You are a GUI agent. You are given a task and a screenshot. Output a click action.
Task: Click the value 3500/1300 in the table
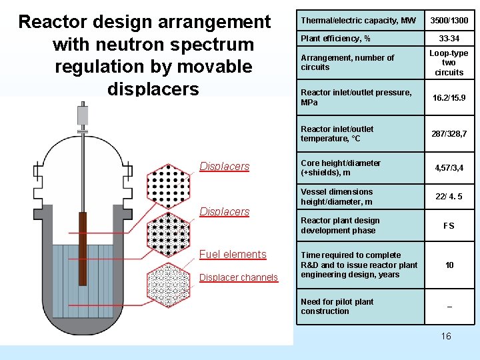[449, 21]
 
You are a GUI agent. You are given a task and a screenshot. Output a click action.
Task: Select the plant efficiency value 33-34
[449, 38]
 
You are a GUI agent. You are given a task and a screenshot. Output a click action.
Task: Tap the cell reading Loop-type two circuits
[449, 63]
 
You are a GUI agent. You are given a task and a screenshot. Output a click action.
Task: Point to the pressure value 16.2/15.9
[449, 97]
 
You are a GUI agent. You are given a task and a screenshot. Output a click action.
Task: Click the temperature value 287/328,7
[449, 134]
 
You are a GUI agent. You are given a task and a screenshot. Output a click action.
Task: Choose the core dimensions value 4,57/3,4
[449, 168]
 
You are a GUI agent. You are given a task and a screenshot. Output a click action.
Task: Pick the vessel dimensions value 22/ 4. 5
[449, 197]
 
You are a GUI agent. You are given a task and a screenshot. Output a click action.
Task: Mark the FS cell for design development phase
[449, 226]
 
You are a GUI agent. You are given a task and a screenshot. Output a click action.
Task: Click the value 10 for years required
[449, 265]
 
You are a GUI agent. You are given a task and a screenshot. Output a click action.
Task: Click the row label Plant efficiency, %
[331, 38]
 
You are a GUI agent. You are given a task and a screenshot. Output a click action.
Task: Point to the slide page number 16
[446, 336]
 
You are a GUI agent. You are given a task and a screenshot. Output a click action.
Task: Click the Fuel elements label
[233, 254]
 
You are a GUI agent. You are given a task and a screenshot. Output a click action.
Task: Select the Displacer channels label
[239, 277]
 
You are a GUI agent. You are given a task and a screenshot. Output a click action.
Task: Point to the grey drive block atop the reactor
[83, 115]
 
